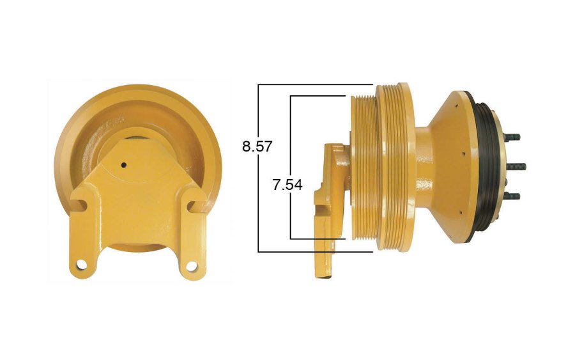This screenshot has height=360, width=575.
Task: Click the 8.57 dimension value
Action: (257, 146)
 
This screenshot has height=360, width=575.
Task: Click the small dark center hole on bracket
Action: (123, 165)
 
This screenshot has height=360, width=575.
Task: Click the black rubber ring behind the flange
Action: (489, 166)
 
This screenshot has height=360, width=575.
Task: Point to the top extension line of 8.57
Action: (316, 84)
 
